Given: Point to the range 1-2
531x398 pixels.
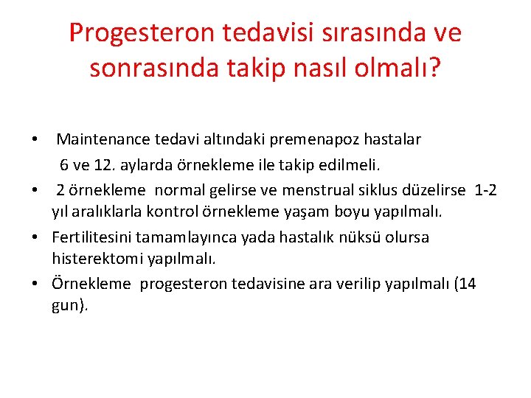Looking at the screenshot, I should tap(486, 189).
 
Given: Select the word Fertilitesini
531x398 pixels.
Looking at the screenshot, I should tap(96, 237).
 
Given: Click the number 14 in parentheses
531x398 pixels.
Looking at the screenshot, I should tap(467, 284).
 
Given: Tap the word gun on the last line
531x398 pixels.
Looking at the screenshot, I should tap(65, 306).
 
